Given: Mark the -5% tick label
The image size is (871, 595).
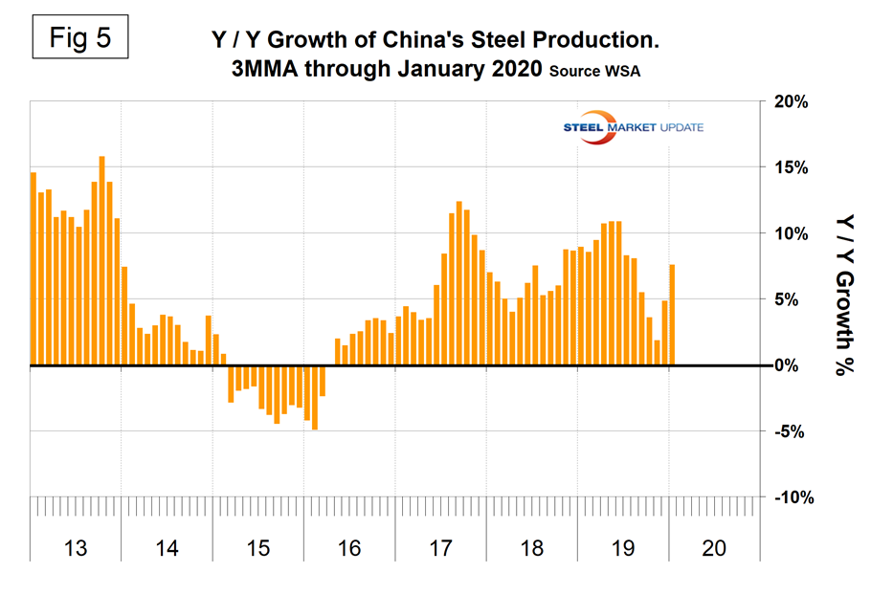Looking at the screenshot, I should point(793,431).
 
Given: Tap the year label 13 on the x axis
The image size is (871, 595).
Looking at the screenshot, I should point(76,548).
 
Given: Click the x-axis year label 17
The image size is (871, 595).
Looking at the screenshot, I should point(440,548).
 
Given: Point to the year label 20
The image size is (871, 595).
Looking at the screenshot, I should point(714,548).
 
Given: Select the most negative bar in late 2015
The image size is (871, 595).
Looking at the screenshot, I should point(315,397).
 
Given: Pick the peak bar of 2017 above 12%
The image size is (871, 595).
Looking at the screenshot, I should point(459,283).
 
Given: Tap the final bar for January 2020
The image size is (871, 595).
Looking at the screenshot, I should point(673,315).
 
